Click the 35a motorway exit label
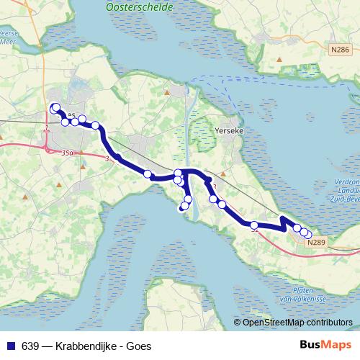[x=68, y=153]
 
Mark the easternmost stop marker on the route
[x=307, y=234]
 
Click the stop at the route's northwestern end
[x=55, y=108]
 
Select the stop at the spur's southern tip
[x=183, y=207]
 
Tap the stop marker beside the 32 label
[x=254, y=225]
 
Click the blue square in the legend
[x=9, y=346]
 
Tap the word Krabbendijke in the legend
[x=80, y=346]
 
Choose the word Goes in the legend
[x=138, y=346]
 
